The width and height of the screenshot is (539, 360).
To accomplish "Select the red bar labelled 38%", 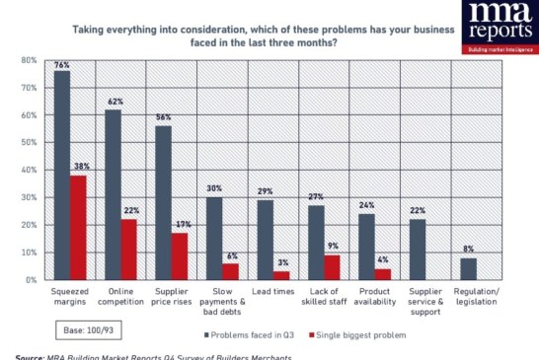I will point(78,228).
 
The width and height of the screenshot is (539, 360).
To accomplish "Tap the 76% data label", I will point(61,66).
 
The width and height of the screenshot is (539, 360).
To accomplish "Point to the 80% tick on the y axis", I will point(29,60).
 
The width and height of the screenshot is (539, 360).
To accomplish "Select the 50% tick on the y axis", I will point(29,143).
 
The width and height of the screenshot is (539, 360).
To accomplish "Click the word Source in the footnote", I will point(31,356).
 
